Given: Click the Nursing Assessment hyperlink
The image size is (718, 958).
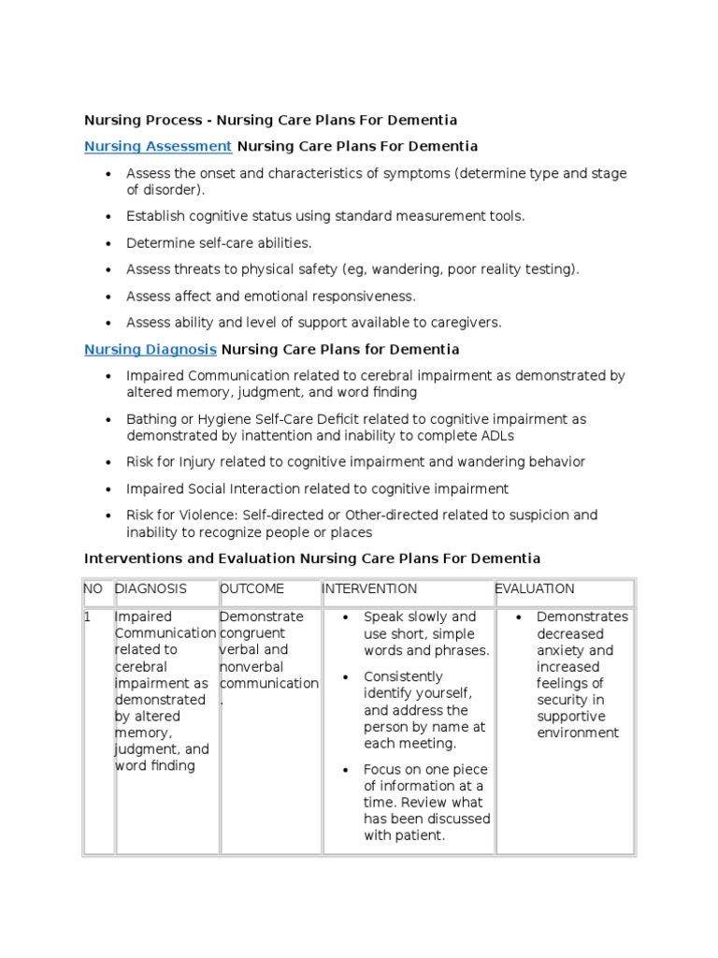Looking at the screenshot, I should point(158,146).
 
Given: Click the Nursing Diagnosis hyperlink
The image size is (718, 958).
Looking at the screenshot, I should point(151,349).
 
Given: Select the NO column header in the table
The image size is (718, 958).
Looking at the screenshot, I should point(94,588).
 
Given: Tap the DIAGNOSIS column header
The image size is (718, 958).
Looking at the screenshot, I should point(151,588).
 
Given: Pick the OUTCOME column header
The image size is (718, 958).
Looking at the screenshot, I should point(251,588).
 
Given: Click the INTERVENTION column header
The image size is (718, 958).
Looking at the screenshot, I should point(369,588).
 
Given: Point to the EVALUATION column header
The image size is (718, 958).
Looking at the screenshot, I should point(535,588).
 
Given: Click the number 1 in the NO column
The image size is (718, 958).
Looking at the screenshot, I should point(89,617).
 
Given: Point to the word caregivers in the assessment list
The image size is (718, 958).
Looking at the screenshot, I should point(467,322).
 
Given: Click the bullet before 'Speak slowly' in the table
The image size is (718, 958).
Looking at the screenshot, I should point(345,617).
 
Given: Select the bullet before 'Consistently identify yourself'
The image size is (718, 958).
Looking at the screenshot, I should point(345,677).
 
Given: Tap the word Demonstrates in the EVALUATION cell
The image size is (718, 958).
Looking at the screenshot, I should point(582,617).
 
